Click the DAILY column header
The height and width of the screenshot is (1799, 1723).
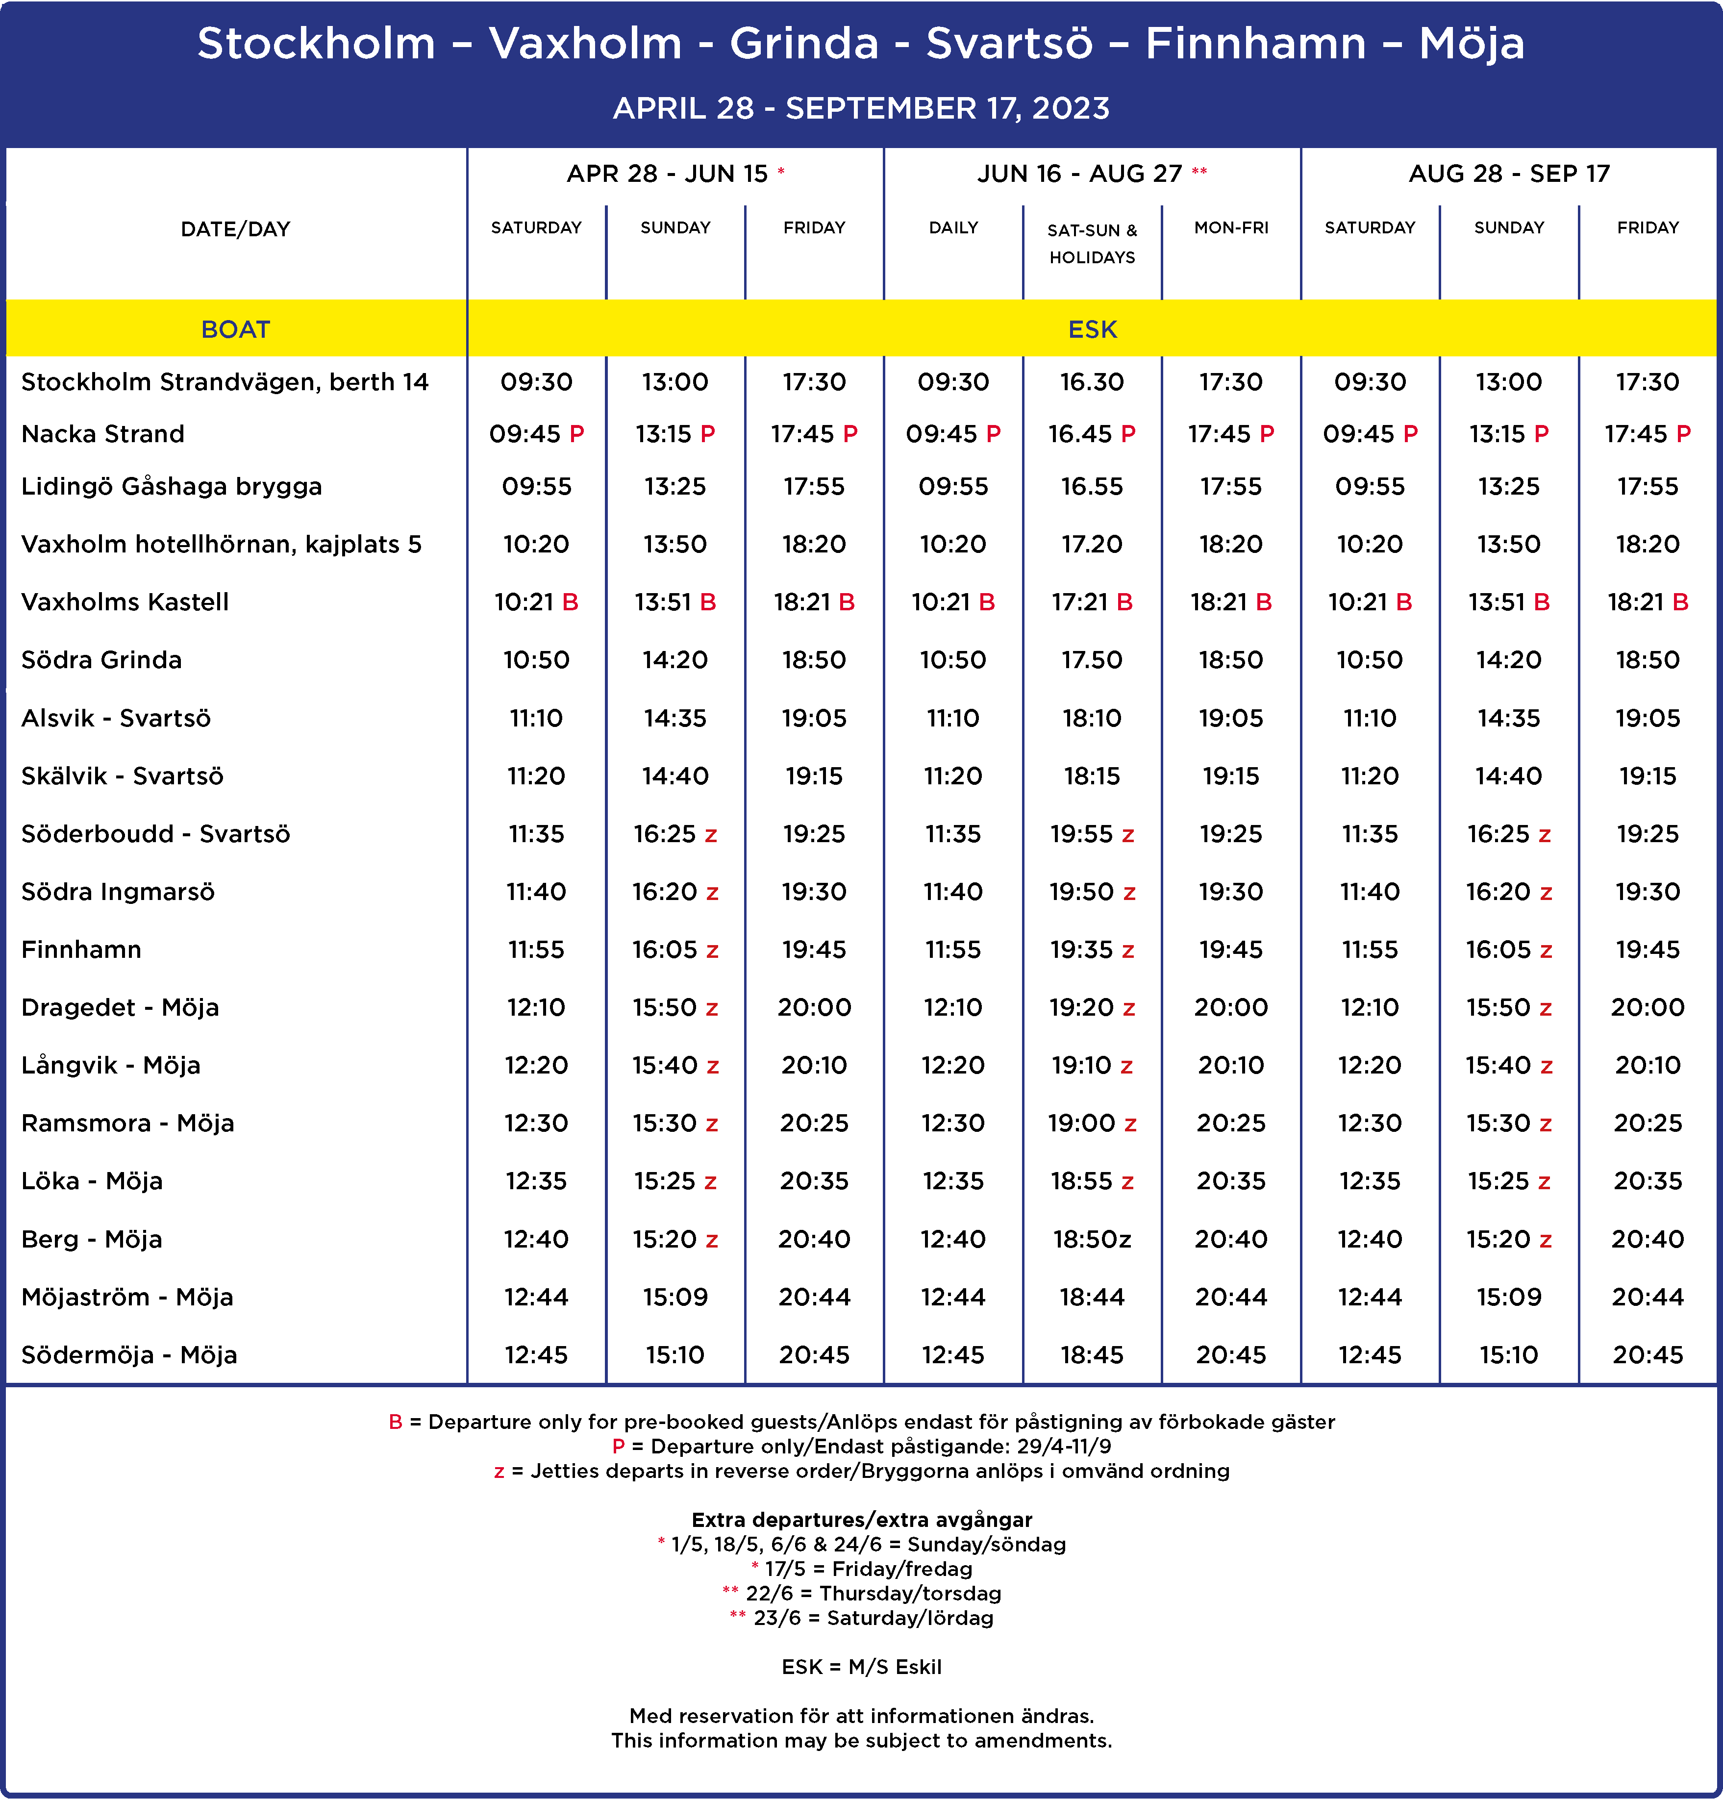[953, 227]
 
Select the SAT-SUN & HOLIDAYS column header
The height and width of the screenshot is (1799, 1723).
[1092, 243]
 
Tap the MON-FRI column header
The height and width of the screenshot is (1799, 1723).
[1231, 227]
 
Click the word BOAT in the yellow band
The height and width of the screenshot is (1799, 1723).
[236, 329]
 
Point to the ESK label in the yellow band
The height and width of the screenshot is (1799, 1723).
[1092, 329]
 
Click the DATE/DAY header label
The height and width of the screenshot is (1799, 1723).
[236, 228]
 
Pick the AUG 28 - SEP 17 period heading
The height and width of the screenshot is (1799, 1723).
[1509, 174]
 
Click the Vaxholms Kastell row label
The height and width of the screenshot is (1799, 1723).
[125, 602]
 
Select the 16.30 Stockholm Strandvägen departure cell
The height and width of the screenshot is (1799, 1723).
[1092, 382]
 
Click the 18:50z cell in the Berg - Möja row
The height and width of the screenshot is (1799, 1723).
[1092, 1239]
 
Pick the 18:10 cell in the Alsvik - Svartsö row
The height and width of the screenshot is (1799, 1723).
[1092, 718]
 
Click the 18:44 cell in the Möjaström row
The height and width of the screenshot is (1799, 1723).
[1092, 1297]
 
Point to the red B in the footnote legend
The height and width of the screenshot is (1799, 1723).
[396, 1422]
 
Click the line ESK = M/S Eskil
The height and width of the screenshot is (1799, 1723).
[861, 1667]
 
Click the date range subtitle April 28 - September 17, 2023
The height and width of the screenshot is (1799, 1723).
[861, 108]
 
